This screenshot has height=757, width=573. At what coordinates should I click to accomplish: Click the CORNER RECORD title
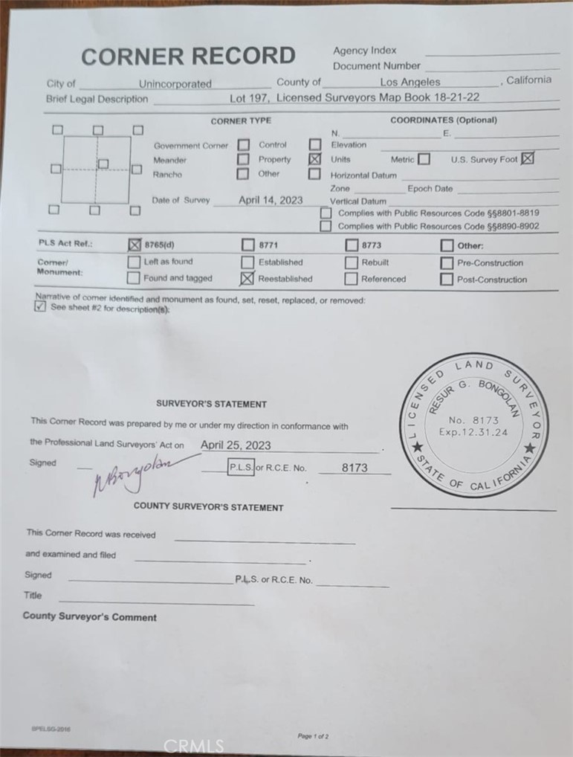(188, 57)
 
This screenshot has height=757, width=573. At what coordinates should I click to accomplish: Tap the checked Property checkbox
(314, 159)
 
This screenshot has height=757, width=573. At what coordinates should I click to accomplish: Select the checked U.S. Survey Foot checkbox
(528, 158)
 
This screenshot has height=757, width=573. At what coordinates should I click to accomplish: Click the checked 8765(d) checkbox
(135, 245)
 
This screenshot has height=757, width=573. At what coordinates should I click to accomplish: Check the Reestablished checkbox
(247, 279)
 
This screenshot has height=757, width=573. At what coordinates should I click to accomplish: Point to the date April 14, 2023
(271, 200)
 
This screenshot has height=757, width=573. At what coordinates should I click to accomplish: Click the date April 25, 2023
(236, 445)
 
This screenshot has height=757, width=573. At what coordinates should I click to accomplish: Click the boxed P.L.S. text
(240, 468)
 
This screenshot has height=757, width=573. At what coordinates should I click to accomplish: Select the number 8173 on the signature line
(355, 468)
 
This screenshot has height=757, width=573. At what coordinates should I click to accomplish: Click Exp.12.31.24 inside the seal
(473, 431)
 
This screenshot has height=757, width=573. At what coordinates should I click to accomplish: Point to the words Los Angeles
(409, 83)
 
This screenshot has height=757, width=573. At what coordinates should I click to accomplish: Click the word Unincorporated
(175, 84)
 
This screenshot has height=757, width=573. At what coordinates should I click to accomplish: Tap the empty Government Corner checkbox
(243, 145)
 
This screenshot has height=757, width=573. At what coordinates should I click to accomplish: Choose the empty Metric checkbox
(424, 159)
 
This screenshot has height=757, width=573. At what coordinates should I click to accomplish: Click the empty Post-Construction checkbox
(446, 280)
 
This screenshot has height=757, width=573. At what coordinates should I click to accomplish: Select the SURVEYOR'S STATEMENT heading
(211, 404)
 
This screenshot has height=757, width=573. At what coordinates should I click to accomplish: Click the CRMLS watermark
(193, 745)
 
